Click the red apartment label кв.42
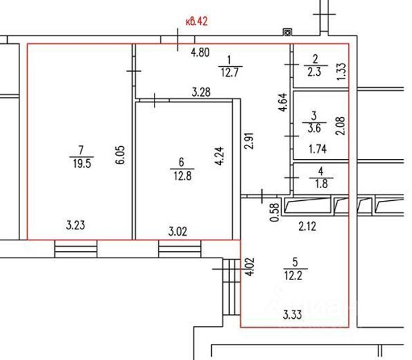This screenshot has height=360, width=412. click(x=196, y=21)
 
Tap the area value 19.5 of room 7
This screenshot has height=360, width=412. click(x=82, y=164)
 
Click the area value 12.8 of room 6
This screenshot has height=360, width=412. click(x=182, y=176)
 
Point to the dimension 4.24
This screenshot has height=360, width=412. click(x=220, y=156)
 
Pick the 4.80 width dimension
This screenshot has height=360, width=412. click(x=200, y=53)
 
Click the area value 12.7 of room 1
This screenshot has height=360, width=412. click(x=230, y=73)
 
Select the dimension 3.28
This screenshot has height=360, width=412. click(x=201, y=93)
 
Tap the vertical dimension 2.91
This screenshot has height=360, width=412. click(x=249, y=140)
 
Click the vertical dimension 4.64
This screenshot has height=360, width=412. click(x=283, y=102)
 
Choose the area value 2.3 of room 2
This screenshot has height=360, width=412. click(x=314, y=71)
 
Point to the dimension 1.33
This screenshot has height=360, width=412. click(x=342, y=71)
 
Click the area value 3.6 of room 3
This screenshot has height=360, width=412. click(x=314, y=129)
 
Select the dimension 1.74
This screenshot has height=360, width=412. click(x=318, y=149)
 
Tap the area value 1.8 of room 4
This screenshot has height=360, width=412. click(x=321, y=184)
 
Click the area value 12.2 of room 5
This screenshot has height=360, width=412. click(x=293, y=276)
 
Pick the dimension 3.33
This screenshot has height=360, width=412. click(x=292, y=315)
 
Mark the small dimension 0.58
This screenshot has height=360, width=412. click(x=274, y=213)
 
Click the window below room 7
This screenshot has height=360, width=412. click(x=76, y=249)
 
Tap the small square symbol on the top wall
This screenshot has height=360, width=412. click(x=288, y=32)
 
